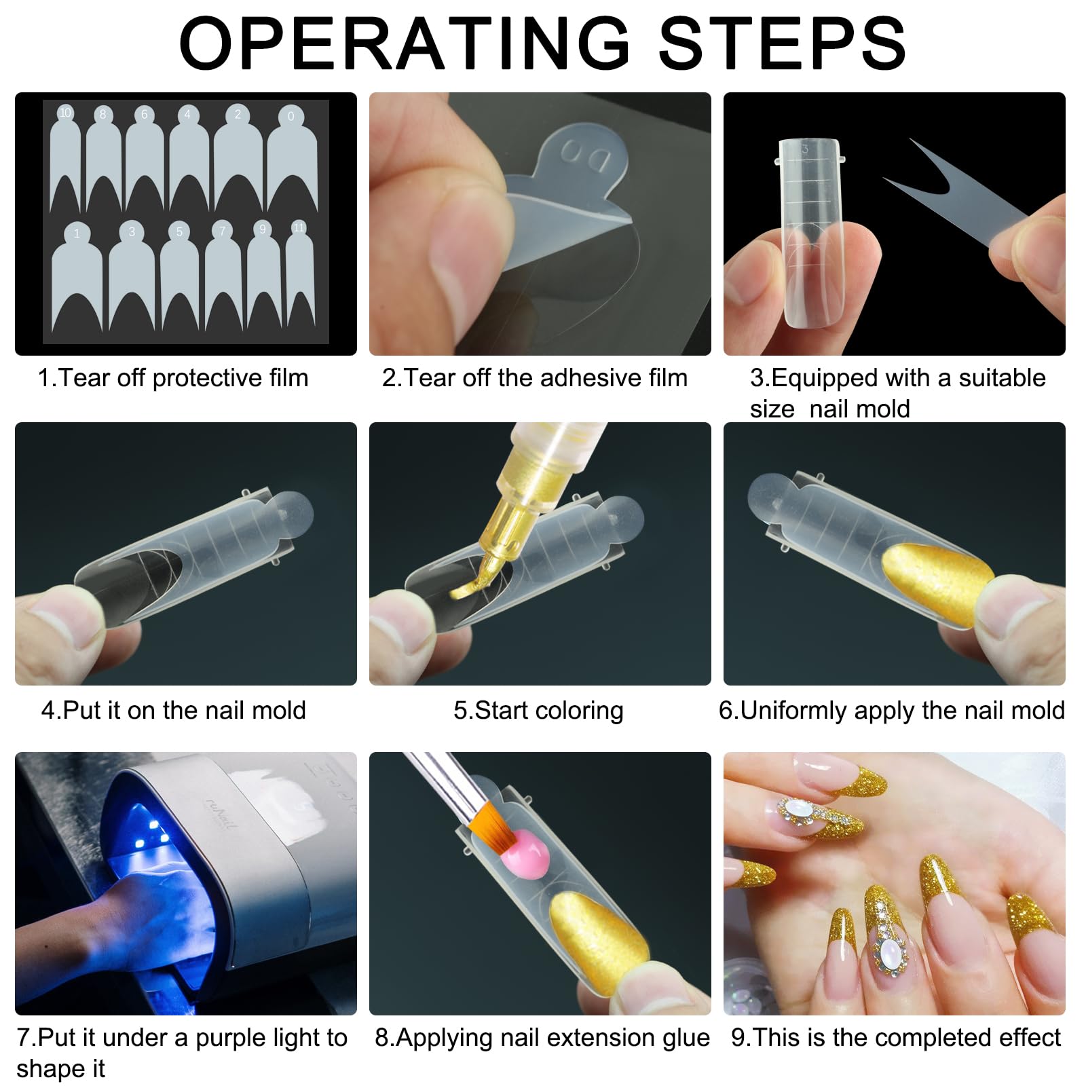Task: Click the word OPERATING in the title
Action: [x=405, y=43]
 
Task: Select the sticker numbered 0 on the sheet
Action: [x=293, y=160]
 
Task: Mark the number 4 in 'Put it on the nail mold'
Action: [x=48, y=711]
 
